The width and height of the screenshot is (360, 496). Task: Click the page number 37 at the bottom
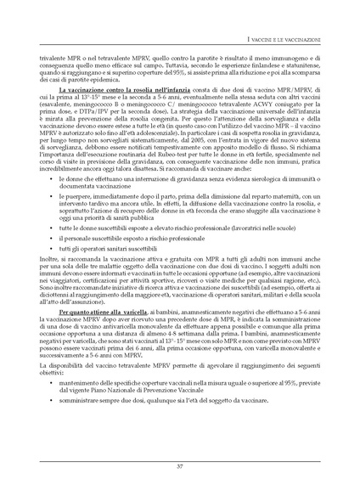(x=180, y=466)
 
